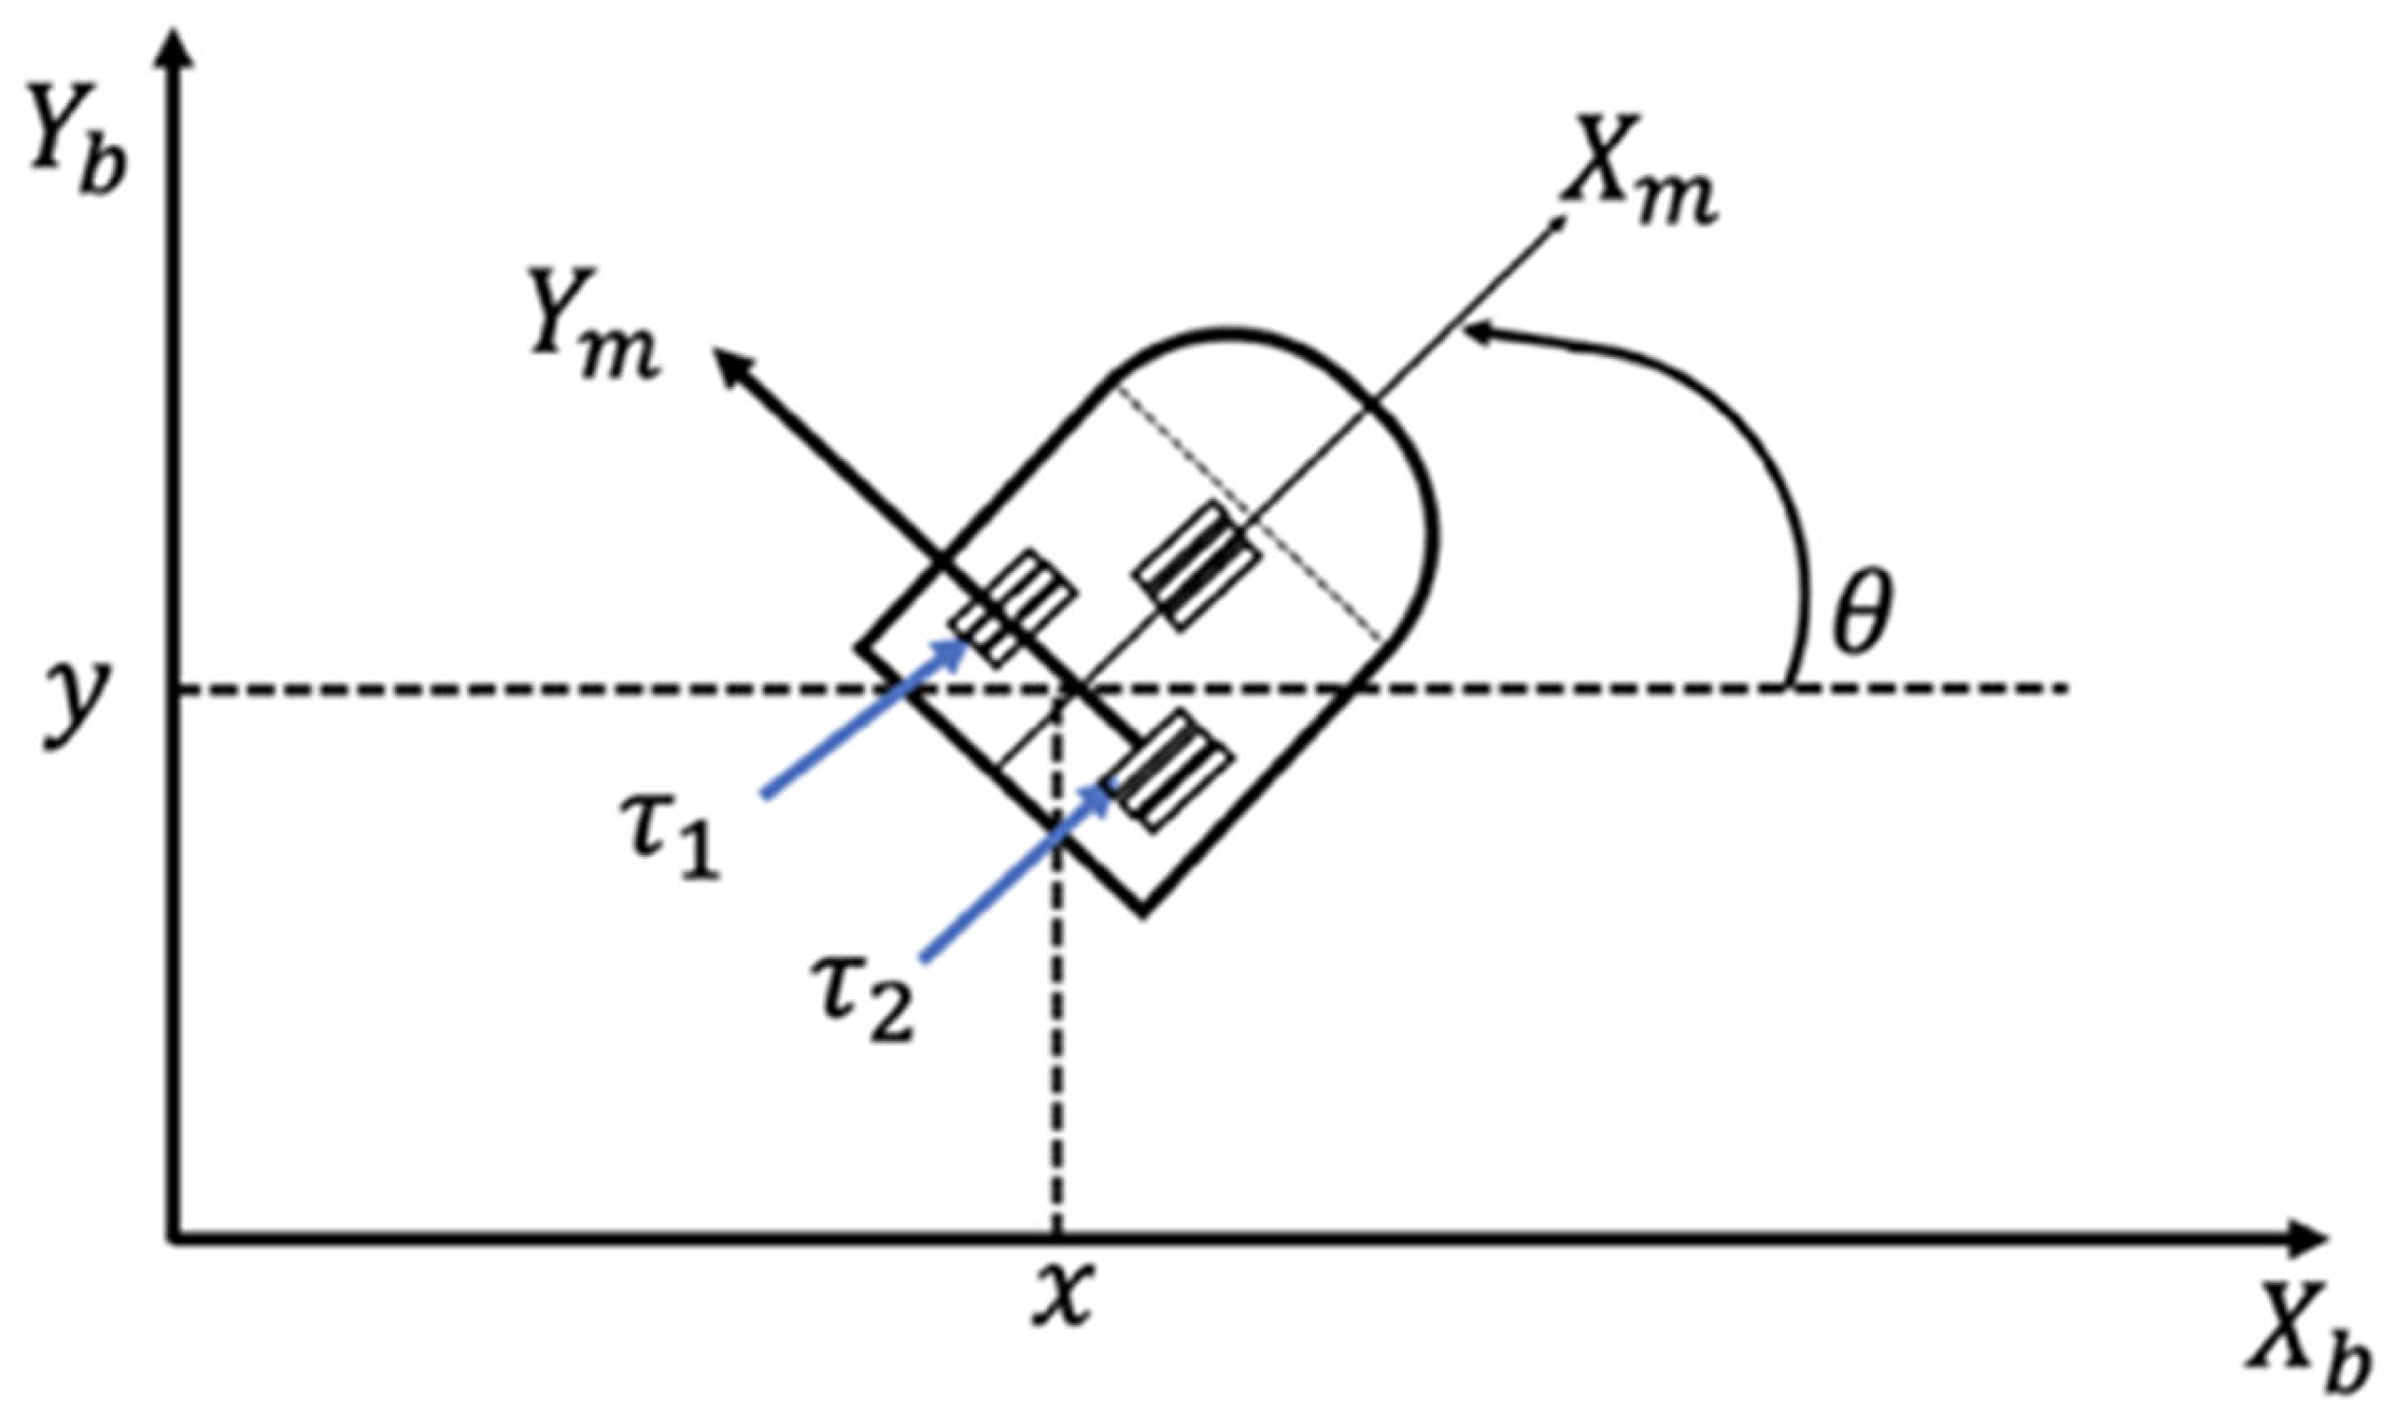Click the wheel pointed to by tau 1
click(x=1012, y=608)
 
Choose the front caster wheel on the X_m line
click(x=1199, y=565)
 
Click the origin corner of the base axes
click(x=175, y=1241)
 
